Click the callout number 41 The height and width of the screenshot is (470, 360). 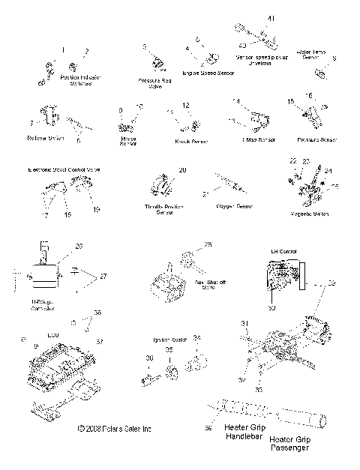(x=271, y=18)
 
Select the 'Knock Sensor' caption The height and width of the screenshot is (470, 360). (x=191, y=140)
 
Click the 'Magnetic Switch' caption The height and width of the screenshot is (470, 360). (x=310, y=214)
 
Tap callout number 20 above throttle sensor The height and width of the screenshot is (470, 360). (x=181, y=171)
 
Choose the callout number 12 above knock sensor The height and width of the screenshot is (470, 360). (x=186, y=105)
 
